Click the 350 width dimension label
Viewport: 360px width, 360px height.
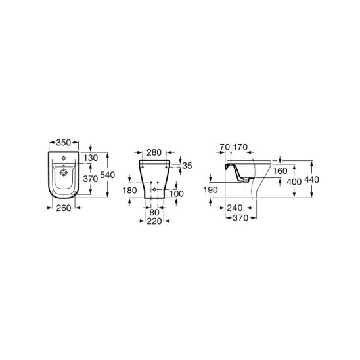click(x=63, y=143)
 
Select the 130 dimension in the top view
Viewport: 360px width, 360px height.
click(x=91, y=158)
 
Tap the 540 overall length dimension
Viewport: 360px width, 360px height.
click(x=108, y=175)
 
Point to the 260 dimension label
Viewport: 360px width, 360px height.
click(x=64, y=208)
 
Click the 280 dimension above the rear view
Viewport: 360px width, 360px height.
click(x=154, y=152)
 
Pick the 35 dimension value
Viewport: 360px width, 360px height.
click(x=187, y=166)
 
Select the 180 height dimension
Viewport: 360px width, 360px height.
click(x=129, y=191)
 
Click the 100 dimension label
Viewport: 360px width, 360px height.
click(x=177, y=194)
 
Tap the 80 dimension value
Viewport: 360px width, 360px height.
click(x=154, y=212)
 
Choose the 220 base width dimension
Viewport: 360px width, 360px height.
click(x=154, y=221)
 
